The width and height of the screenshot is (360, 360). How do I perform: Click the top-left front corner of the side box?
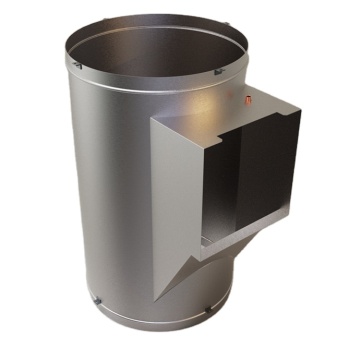point(153,121)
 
